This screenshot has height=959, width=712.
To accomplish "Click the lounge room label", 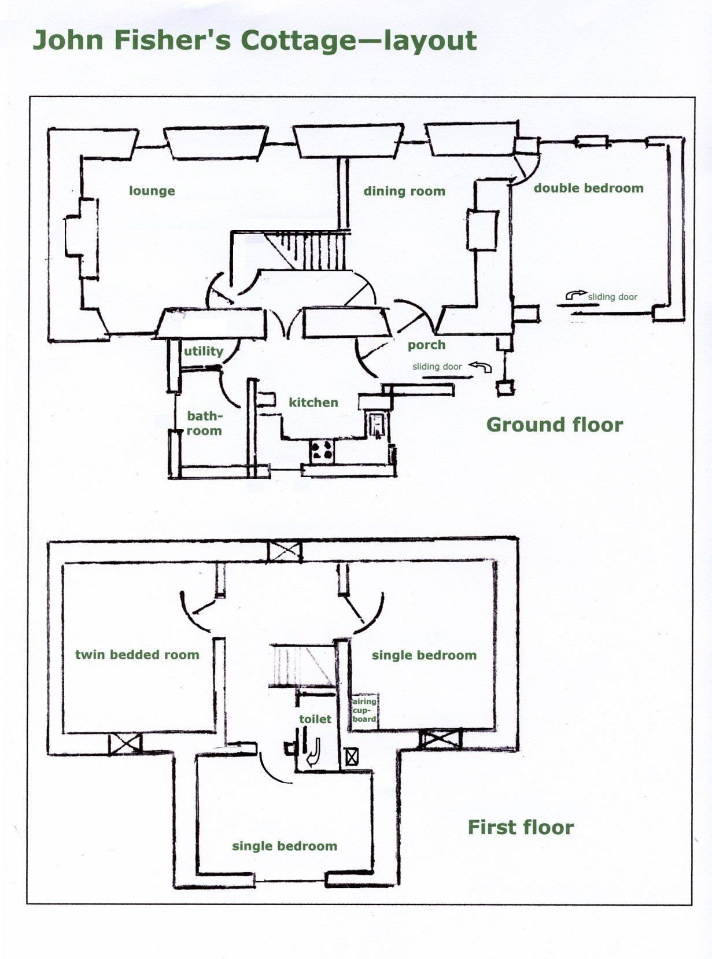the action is click(152, 191).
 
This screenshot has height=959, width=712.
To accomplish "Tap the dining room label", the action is click(404, 191).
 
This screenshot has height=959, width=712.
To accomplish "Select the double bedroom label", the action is click(588, 188).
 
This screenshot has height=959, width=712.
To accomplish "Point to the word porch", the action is click(426, 345).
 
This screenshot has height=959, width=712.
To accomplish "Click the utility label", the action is click(204, 351).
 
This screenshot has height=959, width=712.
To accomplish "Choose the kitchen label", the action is click(313, 403).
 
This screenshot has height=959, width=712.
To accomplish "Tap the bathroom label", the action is click(204, 423).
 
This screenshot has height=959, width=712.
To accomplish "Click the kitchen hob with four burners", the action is click(322, 451).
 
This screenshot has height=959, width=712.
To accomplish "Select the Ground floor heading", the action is click(555, 425).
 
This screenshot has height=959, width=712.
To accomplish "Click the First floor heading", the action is click(521, 828).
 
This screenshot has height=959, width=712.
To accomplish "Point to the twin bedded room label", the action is click(137, 655).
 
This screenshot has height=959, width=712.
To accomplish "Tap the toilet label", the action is click(315, 718).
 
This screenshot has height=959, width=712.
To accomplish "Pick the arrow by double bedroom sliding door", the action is click(576, 295).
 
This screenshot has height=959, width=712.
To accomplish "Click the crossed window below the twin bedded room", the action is click(125, 744).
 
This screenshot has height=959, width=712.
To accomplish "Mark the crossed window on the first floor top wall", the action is click(284, 552).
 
